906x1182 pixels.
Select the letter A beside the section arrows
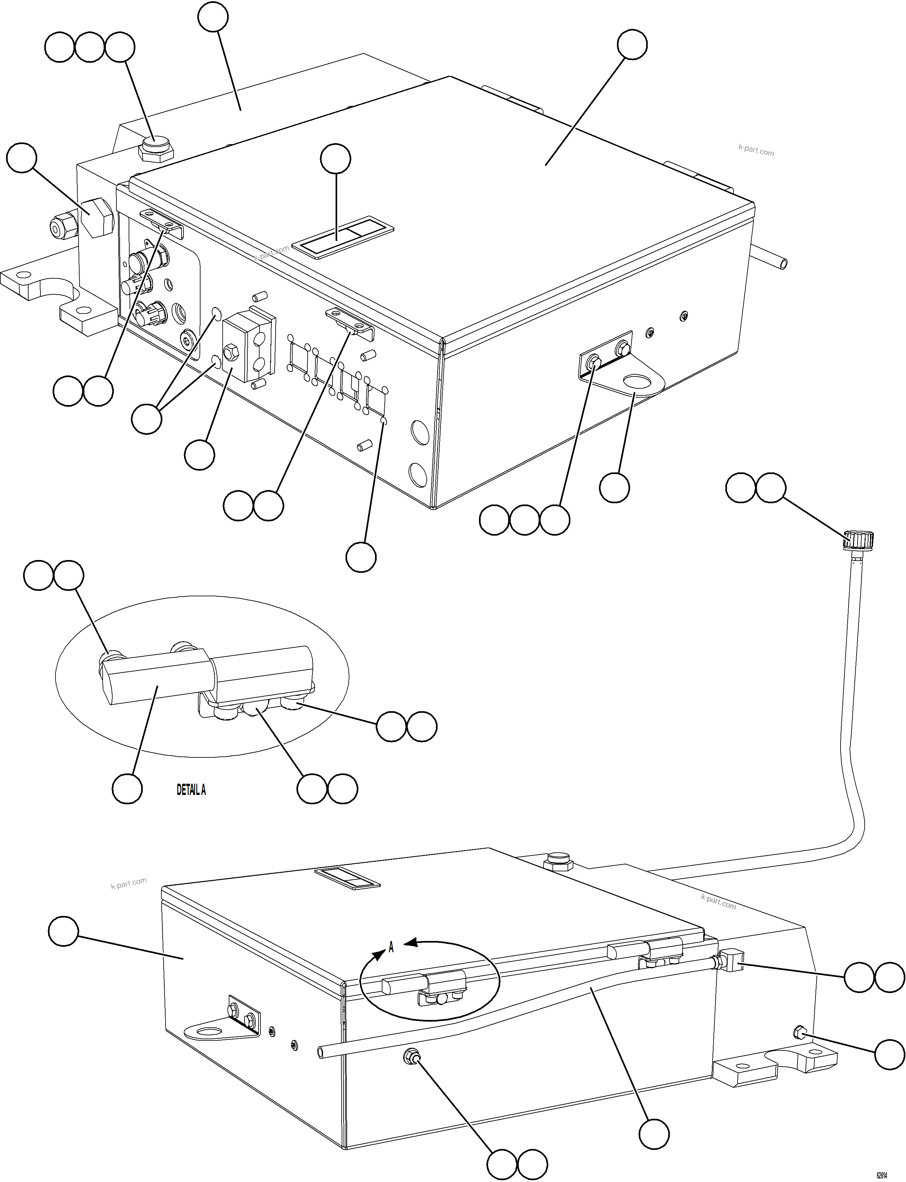[x=391, y=947]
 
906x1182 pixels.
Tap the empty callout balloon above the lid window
[x=336, y=159]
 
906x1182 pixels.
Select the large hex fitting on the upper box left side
[x=96, y=217]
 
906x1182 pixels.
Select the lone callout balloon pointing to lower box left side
[x=63, y=931]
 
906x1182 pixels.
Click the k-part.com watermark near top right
[x=756, y=151]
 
